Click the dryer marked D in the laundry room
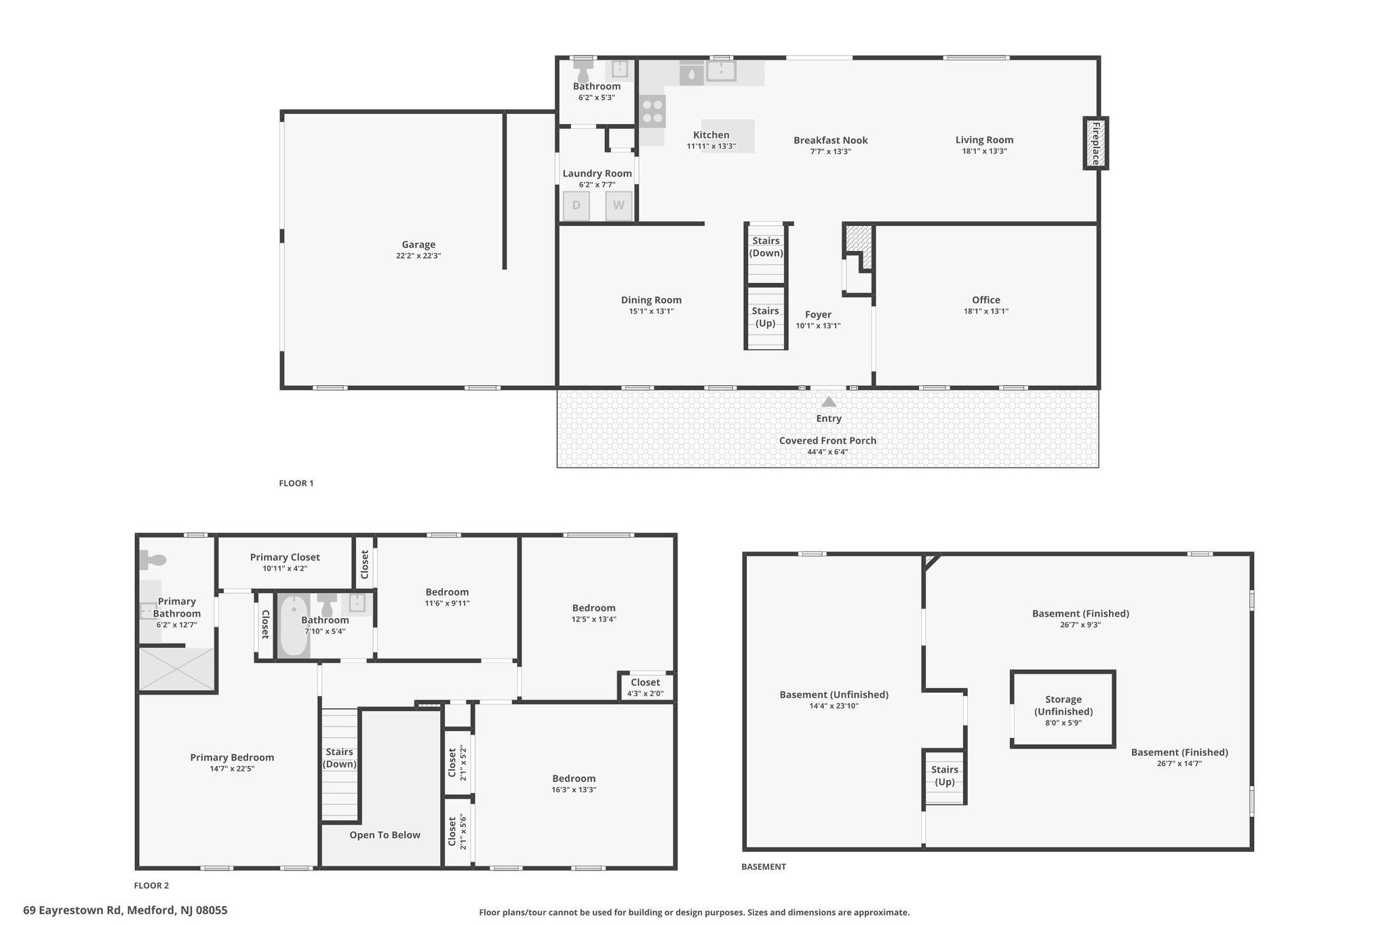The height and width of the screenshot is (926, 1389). pyautogui.click(x=576, y=206)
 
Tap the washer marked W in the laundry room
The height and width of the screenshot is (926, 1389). pyautogui.click(x=619, y=206)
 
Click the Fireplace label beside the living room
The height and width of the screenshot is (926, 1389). pyautogui.click(x=1095, y=143)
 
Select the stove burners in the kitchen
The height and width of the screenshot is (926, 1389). pyautogui.click(x=652, y=112)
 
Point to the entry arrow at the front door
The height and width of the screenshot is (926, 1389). pyautogui.click(x=829, y=402)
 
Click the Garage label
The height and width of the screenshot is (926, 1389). pyautogui.click(x=418, y=245)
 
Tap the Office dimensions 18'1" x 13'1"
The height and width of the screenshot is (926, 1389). pyautogui.click(x=985, y=311)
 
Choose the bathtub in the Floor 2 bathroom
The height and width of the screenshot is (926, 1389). pyautogui.click(x=294, y=625)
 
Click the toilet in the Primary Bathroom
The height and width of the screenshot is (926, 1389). pyautogui.click(x=153, y=560)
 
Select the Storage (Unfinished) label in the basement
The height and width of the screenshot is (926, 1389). pyautogui.click(x=1063, y=706)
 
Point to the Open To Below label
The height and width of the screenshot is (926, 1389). pyautogui.click(x=385, y=835)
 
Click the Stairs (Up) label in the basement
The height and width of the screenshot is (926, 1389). pyautogui.click(x=945, y=775)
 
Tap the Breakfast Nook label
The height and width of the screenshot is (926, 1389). pyautogui.click(x=831, y=140)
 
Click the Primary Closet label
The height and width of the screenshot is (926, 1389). pyautogui.click(x=285, y=558)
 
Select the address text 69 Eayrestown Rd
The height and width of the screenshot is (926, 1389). pyautogui.click(x=73, y=910)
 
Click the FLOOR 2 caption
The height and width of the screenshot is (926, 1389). pyautogui.click(x=151, y=885)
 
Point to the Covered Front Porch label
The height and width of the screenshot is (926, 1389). pyautogui.click(x=827, y=441)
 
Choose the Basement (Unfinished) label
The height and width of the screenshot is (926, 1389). pyautogui.click(x=834, y=695)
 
